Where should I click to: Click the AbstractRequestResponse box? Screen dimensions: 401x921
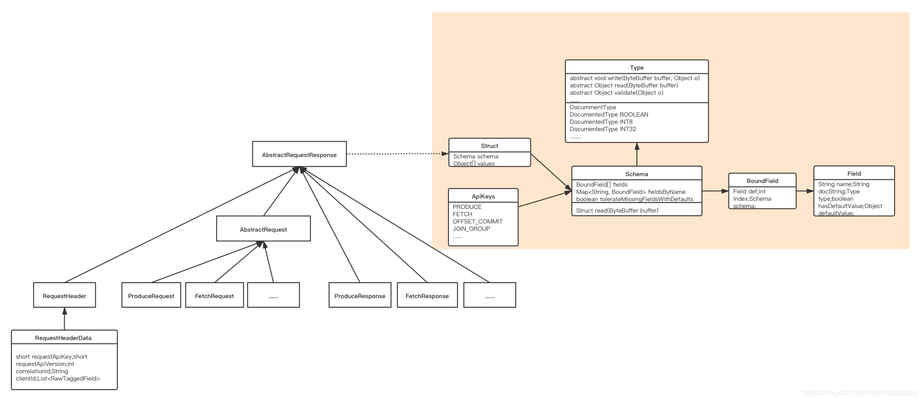click(299, 155)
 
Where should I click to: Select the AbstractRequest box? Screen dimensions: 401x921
click(263, 229)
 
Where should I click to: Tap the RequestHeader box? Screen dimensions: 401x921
click(64, 296)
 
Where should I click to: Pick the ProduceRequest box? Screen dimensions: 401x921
click(151, 296)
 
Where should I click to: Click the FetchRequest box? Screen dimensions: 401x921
click(214, 296)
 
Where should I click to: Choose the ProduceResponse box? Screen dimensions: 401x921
click(360, 296)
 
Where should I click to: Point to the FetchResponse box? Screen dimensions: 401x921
click(427, 296)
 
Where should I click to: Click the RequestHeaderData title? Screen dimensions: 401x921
click(63, 338)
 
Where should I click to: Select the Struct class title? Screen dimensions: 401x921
click(489, 146)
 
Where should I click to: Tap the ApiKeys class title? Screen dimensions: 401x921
click(483, 196)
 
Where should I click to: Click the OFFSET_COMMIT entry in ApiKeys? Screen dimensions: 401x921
click(478, 221)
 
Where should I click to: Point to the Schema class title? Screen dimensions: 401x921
click(636, 174)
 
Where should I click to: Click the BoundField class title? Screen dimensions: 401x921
click(762, 181)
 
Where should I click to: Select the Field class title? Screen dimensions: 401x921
click(854, 173)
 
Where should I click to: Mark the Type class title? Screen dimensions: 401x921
click(636, 67)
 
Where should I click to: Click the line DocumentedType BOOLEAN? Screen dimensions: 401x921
click(609, 115)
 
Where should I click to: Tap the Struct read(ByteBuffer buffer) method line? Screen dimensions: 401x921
click(617, 210)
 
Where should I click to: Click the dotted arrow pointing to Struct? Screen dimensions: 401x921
click(396, 154)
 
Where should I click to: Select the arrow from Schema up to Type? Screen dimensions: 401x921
click(637, 155)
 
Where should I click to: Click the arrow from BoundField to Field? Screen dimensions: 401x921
click(805, 191)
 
